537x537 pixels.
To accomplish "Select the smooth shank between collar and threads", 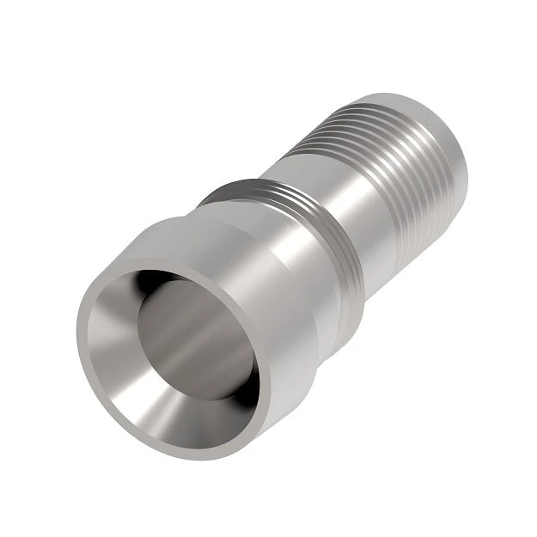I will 339,185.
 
